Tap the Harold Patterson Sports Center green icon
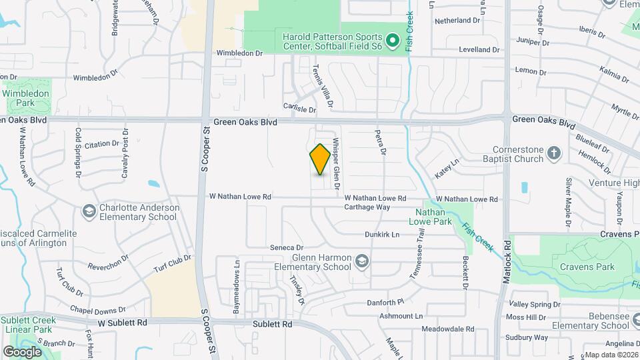(x=393, y=41)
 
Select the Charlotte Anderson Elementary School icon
(x=88, y=211)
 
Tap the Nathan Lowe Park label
(x=429, y=217)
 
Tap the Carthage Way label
(x=367, y=207)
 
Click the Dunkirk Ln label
(x=381, y=235)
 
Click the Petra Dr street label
(x=381, y=143)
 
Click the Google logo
(x=22, y=352)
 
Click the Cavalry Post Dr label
(x=124, y=153)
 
